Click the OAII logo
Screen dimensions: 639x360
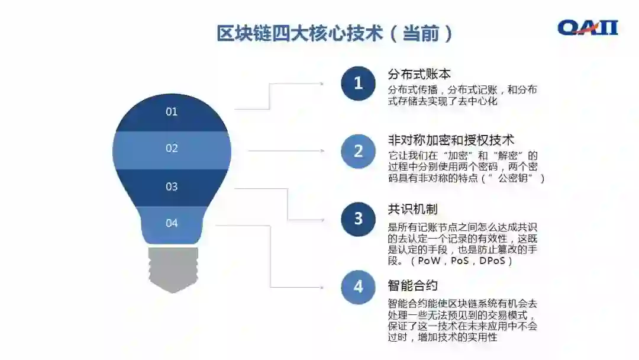(x=588, y=27)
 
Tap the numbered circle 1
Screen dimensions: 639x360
(x=358, y=83)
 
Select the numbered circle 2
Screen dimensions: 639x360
(x=358, y=151)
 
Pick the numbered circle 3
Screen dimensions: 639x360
(x=358, y=218)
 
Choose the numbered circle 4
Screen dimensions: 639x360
(x=358, y=287)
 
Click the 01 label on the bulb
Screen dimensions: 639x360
(x=172, y=111)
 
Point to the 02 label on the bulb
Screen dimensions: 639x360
(x=172, y=149)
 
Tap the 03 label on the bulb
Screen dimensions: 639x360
(x=172, y=187)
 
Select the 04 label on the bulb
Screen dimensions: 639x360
(x=172, y=223)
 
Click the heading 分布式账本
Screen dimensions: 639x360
(x=419, y=74)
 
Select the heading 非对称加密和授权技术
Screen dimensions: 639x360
(x=451, y=140)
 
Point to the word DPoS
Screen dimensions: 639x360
(x=493, y=261)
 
